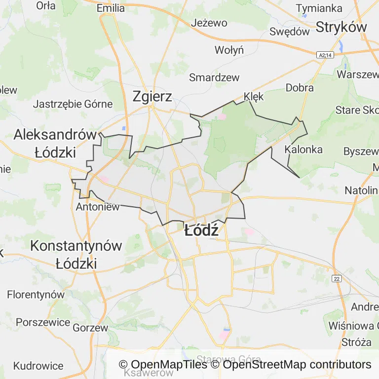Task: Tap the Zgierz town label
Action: (x=152, y=96)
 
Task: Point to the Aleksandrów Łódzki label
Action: (x=55, y=143)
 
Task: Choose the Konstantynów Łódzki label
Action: (x=76, y=254)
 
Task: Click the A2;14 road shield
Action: (x=325, y=56)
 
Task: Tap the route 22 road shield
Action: (x=337, y=279)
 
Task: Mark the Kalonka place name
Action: (x=304, y=149)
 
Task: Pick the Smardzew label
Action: (x=214, y=77)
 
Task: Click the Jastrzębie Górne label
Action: (x=73, y=104)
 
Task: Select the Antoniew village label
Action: (x=97, y=207)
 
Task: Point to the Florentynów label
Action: (x=36, y=295)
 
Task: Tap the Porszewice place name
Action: (x=43, y=322)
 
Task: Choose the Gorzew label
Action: (x=90, y=327)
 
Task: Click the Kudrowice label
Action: (x=38, y=366)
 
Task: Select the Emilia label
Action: (x=111, y=8)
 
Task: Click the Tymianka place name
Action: (x=319, y=8)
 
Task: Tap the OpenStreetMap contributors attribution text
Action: (x=297, y=365)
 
